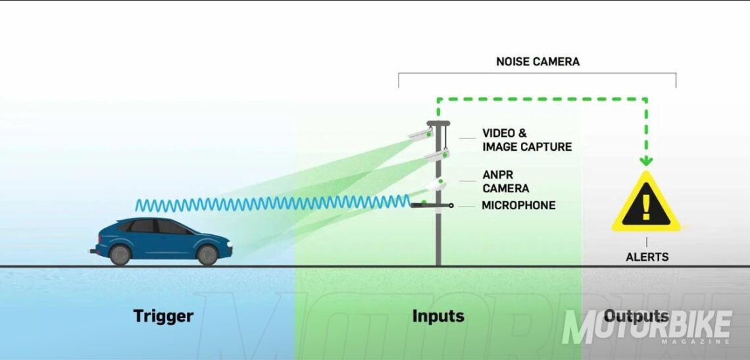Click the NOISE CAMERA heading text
[537, 62]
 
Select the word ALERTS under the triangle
[647, 257]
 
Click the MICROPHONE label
[518, 205]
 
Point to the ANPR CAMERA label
[505, 182]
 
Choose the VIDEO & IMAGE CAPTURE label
[527, 140]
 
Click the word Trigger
[163, 316]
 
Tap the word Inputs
[438, 316]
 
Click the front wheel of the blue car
[207, 255]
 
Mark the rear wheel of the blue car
[120, 255]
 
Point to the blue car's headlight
[229, 245]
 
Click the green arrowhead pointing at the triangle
[646, 161]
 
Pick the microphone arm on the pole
[431, 205]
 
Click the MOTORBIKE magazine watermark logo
[647, 327]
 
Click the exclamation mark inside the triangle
[645, 205]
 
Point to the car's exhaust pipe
[91, 250]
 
